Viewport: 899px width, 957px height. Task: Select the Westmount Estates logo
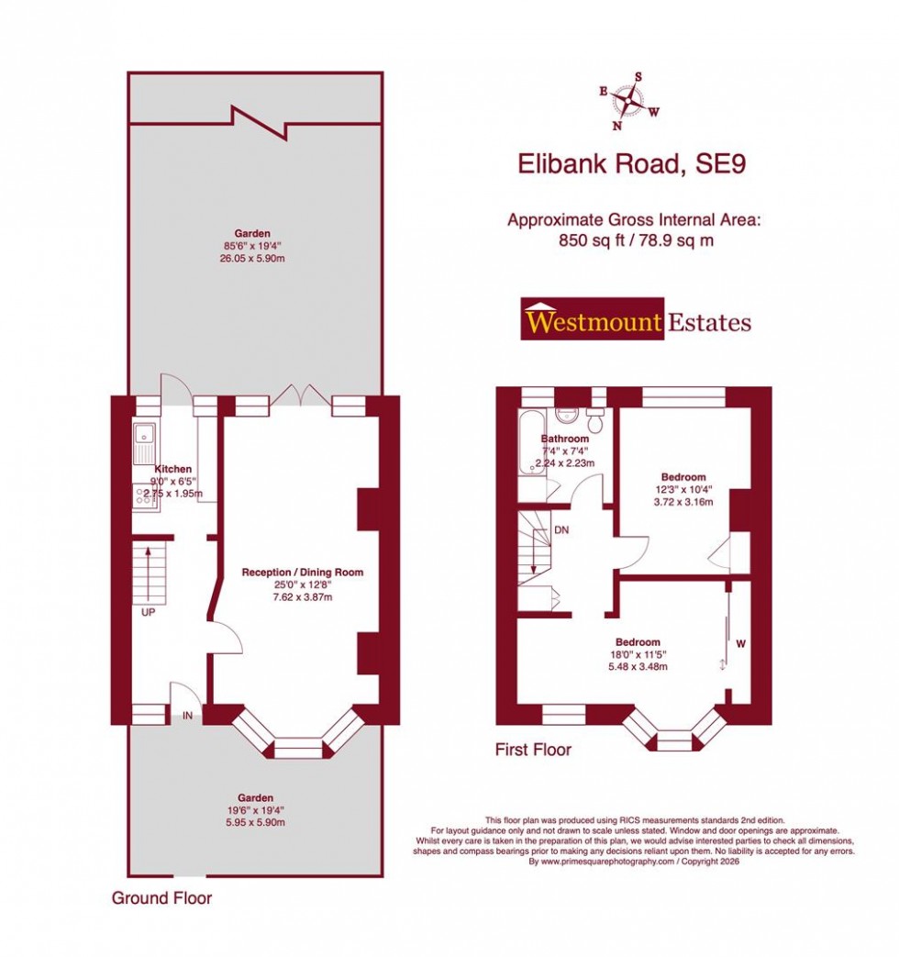tap(636, 320)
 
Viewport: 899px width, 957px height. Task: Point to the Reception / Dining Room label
tap(302, 573)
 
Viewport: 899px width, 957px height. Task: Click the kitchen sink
tap(144, 443)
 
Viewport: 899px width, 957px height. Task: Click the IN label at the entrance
tap(187, 715)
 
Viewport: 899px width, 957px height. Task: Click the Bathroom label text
tap(564, 440)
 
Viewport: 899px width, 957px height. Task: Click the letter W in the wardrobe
tap(740, 645)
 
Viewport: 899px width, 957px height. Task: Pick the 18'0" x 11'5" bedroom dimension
tap(638, 654)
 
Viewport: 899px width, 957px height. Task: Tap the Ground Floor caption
tap(161, 897)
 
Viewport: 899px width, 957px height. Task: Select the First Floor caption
tap(533, 750)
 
